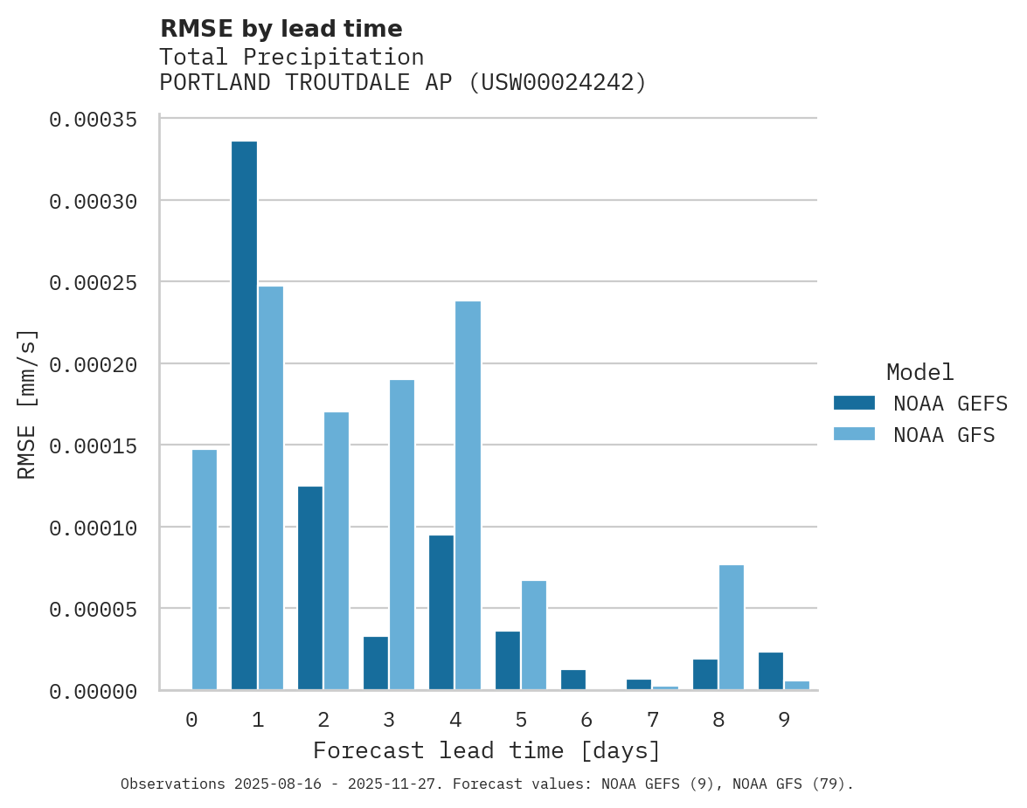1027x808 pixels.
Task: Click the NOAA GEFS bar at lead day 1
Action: pyautogui.click(x=244, y=415)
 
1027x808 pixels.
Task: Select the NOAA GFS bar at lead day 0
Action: pyautogui.click(x=205, y=570)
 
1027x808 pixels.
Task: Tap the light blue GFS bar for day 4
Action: pyautogui.click(x=468, y=495)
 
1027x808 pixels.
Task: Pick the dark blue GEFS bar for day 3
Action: pyautogui.click(x=376, y=663)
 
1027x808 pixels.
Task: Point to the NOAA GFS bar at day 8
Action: pyautogui.click(x=731, y=627)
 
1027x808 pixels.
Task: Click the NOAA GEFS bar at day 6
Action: pyautogui.click(x=572, y=680)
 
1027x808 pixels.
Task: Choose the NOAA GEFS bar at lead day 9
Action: pyautogui.click(x=770, y=671)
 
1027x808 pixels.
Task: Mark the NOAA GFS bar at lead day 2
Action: pyautogui.click(x=337, y=550)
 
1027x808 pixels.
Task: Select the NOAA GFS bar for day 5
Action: pyautogui.click(x=533, y=635)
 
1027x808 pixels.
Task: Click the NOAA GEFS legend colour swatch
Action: pyautogui.click(x=854, y=403)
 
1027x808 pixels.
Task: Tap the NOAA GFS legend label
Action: pyautogui.click(x=944, y=435)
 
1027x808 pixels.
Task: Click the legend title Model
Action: pyautogui.click(x=919, y=373)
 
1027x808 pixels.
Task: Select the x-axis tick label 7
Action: pyautogui.click(x=652, y=721)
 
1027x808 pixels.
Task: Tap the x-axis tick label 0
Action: pyautogui.click(x=191, y=721)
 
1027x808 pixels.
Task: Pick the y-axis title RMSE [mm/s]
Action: pyautogui.click(x=27, y=404)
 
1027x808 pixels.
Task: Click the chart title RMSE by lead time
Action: pyautogui.click(x=281, y=29)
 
